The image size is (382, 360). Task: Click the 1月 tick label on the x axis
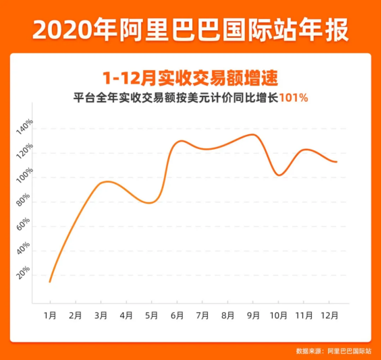click(x=49, y=315)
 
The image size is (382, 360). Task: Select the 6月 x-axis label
click(x=177, y=315)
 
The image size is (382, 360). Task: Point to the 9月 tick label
click(x=253, y=315)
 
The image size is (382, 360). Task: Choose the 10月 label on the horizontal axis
click(x=278, y=315)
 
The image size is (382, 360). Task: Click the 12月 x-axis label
click(x=329, y=315)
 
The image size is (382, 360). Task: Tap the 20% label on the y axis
click(x=24, y=272)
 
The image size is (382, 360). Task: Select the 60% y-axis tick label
click(x=24, y=223)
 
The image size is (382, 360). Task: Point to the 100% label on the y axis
click(x=24, y=173)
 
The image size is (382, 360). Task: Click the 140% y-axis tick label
click(x=24, y=125)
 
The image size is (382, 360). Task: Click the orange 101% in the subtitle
click(x=295, y=98)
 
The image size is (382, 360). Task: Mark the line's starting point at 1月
click(x=50, y=282)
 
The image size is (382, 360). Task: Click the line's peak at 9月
click(x=252, y=135)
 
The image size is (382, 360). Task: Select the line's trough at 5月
click(x=152, y=202)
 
